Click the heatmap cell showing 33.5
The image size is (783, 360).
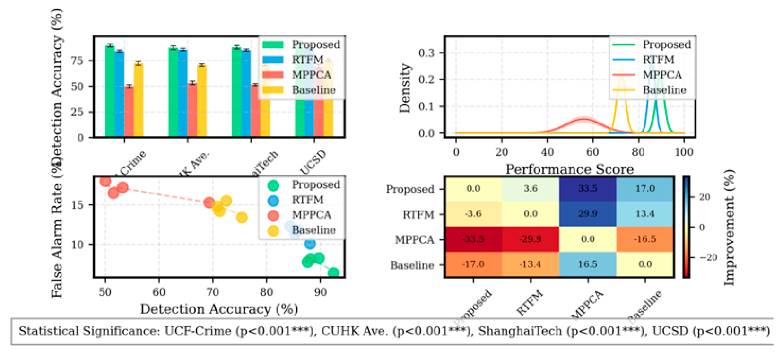point(588,188)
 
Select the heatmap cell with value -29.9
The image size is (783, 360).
point(530,239)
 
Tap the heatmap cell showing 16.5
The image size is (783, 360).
point(588,264)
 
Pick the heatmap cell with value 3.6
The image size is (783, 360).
point(530,188)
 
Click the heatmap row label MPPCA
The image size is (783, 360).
point(414,240)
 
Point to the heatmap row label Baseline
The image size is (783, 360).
point(412,265)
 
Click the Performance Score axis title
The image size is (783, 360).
point(569,169)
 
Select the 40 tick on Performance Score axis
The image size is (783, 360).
point(547,152)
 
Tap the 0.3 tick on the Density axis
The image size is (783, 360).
point(426,53)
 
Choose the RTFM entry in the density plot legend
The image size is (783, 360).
point(658,60)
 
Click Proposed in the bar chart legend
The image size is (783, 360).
point(315,44)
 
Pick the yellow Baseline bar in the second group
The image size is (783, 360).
point(202,101)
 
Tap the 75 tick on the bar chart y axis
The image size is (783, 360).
point(77,61)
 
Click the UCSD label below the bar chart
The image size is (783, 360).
point(313,162)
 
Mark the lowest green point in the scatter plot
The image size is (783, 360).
point(333,272)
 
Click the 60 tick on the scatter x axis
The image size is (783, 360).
point(159,292)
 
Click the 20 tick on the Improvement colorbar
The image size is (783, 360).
point(704,197)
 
